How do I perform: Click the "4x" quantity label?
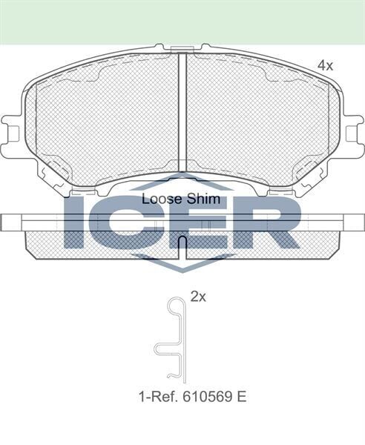tap(326, 66)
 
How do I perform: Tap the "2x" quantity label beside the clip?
tap(198, 297)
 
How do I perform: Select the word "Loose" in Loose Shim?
tap(158, 199)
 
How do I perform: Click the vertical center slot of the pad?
tap(182, 111)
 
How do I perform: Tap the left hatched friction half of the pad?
tap(104, 119)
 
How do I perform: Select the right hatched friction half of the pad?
tap(256, 119)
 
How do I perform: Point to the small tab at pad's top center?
tap(182, 49)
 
